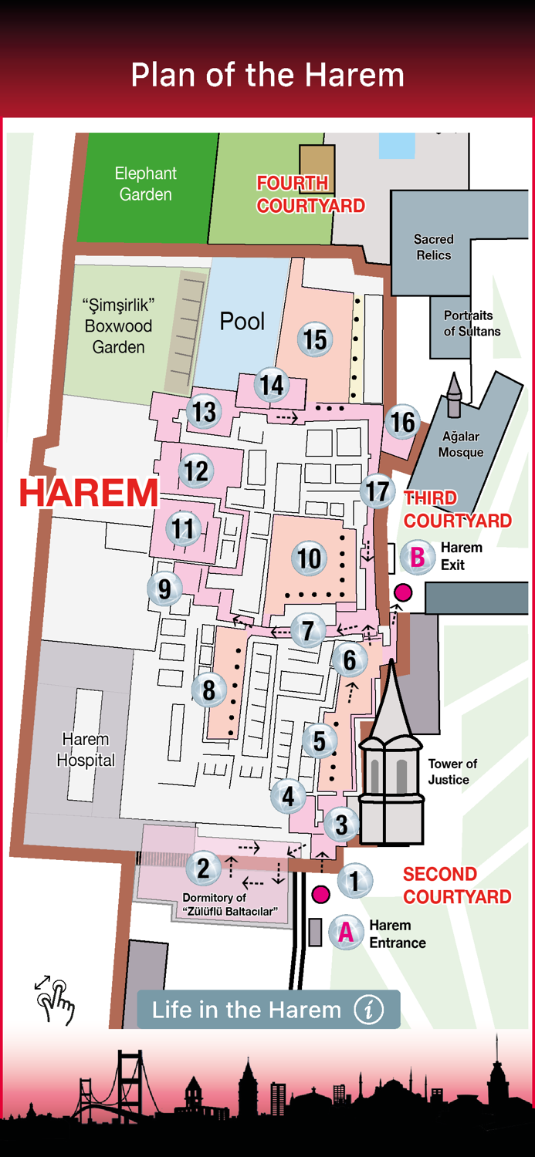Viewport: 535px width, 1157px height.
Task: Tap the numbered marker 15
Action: (315, 339)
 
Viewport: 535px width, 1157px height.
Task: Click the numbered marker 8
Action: (208, 690)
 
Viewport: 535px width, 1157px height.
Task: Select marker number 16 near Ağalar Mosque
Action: (403, 422)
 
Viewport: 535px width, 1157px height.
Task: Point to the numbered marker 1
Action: (354, 880)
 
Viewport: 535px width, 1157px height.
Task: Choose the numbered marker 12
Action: (196, 470)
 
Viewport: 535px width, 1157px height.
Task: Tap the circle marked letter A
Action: (346, 933)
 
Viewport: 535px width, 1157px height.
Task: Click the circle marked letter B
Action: (418, 556)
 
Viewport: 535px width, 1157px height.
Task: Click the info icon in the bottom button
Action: (369, 1010)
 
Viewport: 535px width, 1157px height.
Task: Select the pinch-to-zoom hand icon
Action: (55, 1000)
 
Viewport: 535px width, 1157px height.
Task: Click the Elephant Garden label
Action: (145, 184)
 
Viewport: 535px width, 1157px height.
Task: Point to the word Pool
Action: (242, 321)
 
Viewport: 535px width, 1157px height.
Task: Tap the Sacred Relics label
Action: (433, 247)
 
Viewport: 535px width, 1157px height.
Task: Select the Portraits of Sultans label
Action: (472, 323)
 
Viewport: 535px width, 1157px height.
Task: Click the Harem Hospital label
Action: (86, 750)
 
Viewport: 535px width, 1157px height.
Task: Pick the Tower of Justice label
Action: (452, 771)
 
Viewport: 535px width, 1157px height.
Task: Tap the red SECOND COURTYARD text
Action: (457, 885)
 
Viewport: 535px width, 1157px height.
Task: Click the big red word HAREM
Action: (89, 494)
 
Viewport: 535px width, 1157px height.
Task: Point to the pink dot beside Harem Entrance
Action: (321, 895)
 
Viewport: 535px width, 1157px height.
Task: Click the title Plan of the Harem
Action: (267, 76)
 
